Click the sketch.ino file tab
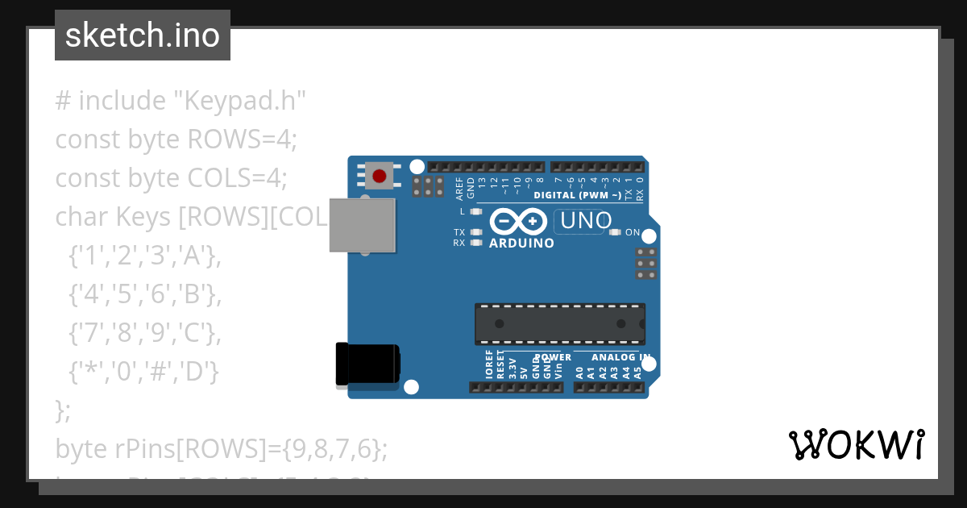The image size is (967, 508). tap(143, 35)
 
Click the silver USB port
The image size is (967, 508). tap(363, 225)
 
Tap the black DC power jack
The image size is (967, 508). tap(367, 364)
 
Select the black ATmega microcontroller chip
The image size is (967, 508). tap(560, 323)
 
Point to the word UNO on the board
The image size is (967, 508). tap(586, 221)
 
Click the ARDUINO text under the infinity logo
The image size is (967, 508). tap(521, 243)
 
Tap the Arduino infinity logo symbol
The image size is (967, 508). tap(521, 221)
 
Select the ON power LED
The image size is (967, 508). tap(616, 232)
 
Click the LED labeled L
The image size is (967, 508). tap(475, 212)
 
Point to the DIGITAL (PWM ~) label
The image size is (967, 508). tap(577, 195)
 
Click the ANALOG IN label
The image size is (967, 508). tap(620, 357)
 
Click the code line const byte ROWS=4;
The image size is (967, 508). tap(176, 139)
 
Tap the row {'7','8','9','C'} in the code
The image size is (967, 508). tap(144, 333)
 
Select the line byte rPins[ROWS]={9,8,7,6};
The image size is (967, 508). tap(222, 448)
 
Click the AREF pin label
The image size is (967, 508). tap(459, 188)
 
